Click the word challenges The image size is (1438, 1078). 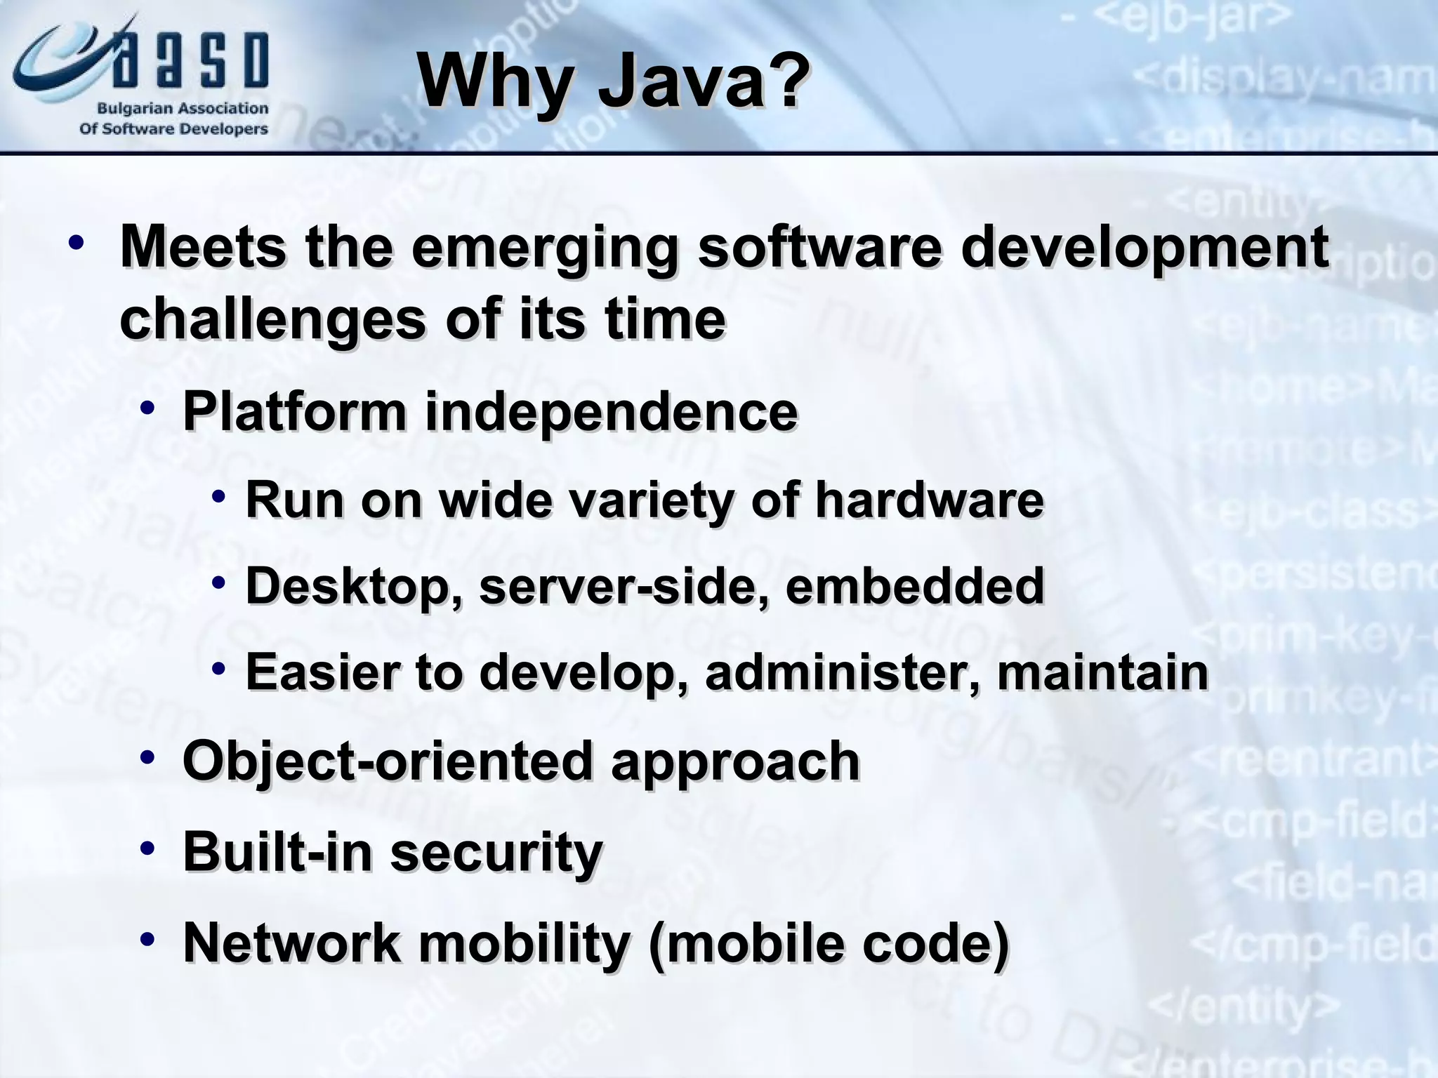(272, 319)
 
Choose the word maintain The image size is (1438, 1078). (1102, 672)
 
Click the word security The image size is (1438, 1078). (496, 852)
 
